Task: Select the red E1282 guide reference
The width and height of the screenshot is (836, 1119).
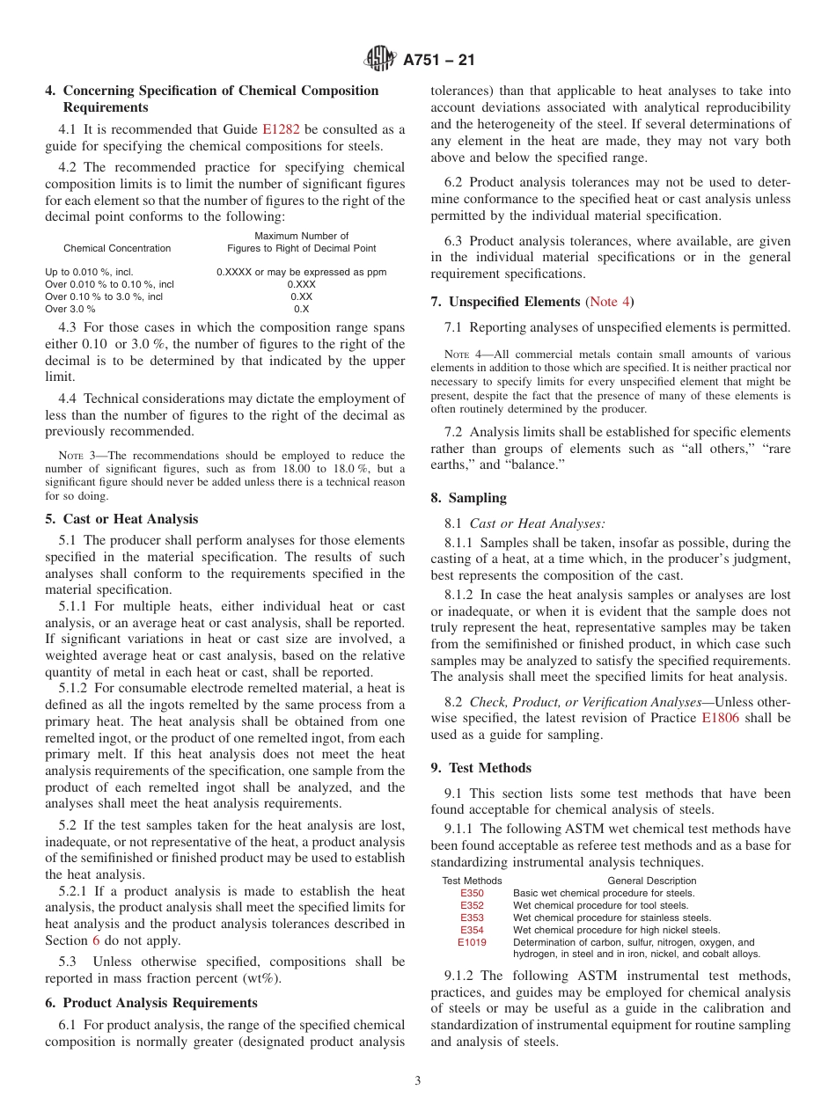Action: tap(281, 129)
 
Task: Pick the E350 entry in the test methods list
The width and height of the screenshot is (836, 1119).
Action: tap(472, 893)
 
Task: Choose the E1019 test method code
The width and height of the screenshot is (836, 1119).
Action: tap(472, 942)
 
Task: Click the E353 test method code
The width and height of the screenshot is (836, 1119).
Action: tap(472, 918)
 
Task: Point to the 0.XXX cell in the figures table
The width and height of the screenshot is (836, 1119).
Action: tap(301, 285)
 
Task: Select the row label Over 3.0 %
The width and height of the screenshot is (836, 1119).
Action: tap(70, 310)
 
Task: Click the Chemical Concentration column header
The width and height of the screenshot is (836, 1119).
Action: tap(117, 249)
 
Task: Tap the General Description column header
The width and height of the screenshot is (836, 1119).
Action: tap(651, 881)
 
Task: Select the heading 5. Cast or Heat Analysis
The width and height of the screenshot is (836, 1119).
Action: tap(121, 519)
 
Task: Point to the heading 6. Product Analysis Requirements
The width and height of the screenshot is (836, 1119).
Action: tap(151, 1003)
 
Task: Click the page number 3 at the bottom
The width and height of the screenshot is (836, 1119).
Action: tap(418, 1081)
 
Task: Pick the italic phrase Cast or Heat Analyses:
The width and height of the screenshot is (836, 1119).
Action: tap(537, 523)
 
